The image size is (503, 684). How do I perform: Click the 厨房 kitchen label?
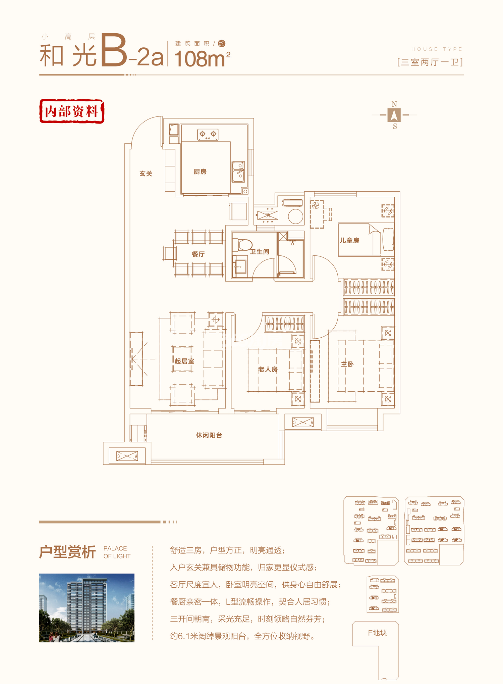(200, 172)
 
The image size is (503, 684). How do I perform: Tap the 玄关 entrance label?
(146, 174)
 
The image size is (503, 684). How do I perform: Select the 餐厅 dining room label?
(198, 254)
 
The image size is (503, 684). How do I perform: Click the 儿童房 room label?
(349, 240)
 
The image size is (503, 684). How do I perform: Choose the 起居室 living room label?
(184, 361)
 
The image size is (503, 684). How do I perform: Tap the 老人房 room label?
(268, 369)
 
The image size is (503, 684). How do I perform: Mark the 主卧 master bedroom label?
(347, 364)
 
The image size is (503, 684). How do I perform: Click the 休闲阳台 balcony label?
(209, 435)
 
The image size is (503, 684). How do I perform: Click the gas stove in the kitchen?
(208, 134)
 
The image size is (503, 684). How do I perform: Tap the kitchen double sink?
(238, 172)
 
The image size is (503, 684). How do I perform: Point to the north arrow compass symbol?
(394, 115)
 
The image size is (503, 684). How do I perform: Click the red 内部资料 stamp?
(72, 111)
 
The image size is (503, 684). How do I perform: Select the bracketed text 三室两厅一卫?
(430, 62)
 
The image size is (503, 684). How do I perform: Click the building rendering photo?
(87, 608)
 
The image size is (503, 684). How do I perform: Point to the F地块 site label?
(377, 633)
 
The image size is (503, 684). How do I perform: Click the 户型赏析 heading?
(67, 552)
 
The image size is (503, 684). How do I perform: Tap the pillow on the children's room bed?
(388, 239)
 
